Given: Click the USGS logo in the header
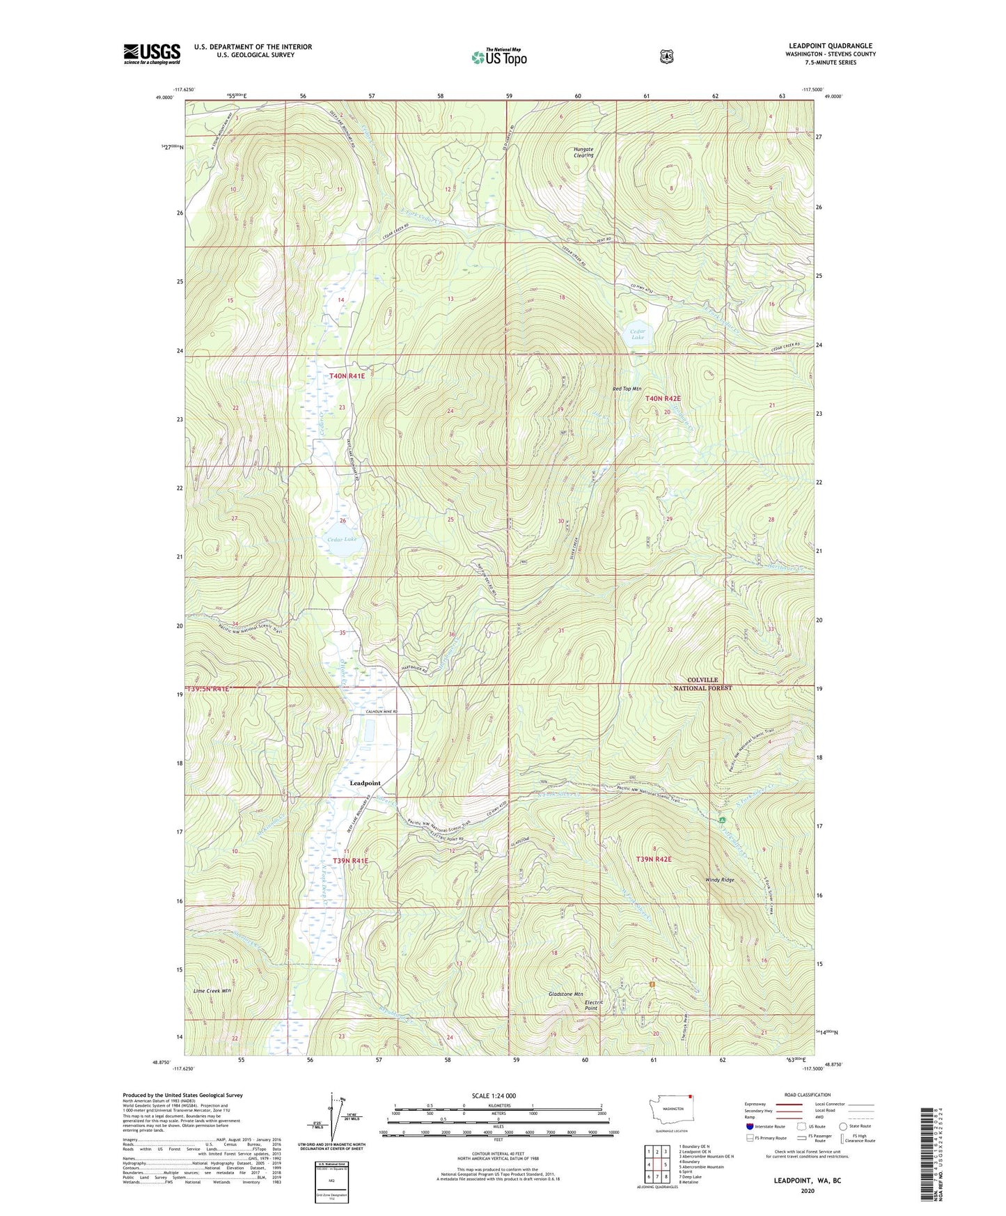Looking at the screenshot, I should (x=152, y=54).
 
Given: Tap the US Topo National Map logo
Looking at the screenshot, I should (x=498, y=57).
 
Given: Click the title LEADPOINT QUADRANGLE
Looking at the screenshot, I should (x=830, y=46).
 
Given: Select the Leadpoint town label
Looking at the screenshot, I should (x=365, y=783).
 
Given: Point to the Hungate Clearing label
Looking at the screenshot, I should (x=583, y=152).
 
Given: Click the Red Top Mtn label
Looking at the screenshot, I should (x=627, y=389).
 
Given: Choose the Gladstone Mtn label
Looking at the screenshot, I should (x=565, y=994).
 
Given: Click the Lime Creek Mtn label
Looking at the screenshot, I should (x=212, y=990).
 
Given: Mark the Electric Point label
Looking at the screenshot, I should (x=591, y=1005).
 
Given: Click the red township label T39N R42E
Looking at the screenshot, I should (x=654, y=859).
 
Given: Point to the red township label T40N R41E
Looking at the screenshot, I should (x=347, y=376).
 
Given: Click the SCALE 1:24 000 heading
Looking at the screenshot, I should (x=494, y=1096).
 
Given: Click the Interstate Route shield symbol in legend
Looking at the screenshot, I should (x=749, y=1126).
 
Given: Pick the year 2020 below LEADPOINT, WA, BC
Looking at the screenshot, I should (x=808, y=1190).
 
